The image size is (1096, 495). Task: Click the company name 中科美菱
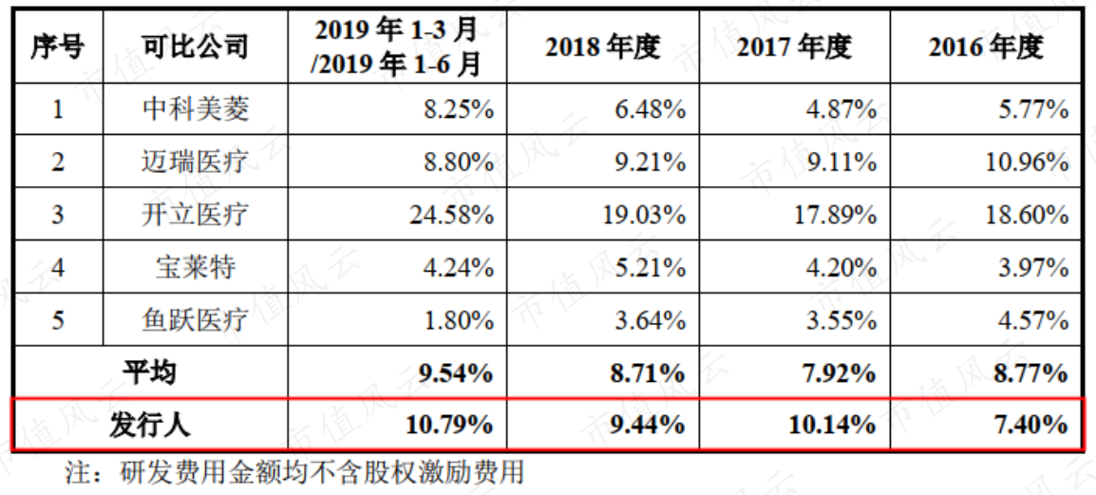tap(195, 109)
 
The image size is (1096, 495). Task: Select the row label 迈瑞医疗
tap(195, 162)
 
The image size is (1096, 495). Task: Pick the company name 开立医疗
tap(195, 214)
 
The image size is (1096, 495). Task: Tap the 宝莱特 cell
tap(195, 267)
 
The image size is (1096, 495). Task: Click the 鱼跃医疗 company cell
tap(195, 319)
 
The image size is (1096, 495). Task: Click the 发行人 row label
tap(149, 425)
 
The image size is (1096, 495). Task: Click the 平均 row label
tap(149, 372)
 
